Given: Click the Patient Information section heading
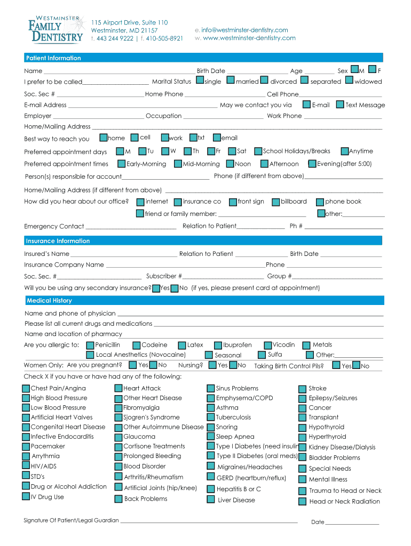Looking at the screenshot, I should pyautogui.click(x=54, y=58).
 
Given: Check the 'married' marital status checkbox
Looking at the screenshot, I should pyautogui.click(x=231, y=81).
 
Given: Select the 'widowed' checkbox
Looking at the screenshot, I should pyautogui.click(x=350, y=81).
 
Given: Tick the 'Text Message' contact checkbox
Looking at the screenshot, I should pyautogui.click(x=340, y=105).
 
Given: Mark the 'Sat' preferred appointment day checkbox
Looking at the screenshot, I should pyautogui.click(x=232, y=151).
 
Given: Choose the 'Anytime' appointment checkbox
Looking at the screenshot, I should pyautogui.click(x=345, y=151).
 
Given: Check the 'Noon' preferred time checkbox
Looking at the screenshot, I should pyautogui.click(x=231, y=164).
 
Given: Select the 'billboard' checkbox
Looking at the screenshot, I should pyautogui.click(x=276, y=202).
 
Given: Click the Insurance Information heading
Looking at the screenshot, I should pyautogui.click(x=58, y=241).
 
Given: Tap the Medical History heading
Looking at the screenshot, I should pyautogui.click(x=49, y=301).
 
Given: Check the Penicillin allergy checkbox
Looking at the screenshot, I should pyautogui.click(x=90, y=346).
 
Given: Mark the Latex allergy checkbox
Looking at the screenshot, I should pyautogui.click(x=183, y=346).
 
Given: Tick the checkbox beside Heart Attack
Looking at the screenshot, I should pyautogui.click(x=119, y=389).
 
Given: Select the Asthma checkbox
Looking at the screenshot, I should pyautogui.click(x=211, y=408).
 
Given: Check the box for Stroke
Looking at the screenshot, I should pyautogui.click(x=304, y=389).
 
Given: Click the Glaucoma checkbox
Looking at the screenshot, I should pyautogui.click(x=119, y=437).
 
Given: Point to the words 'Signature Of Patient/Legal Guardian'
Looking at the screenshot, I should pyautogui.click(x=72, y=520).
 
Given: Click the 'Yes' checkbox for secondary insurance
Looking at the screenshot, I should pyautogui.click(x=156, y=288).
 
